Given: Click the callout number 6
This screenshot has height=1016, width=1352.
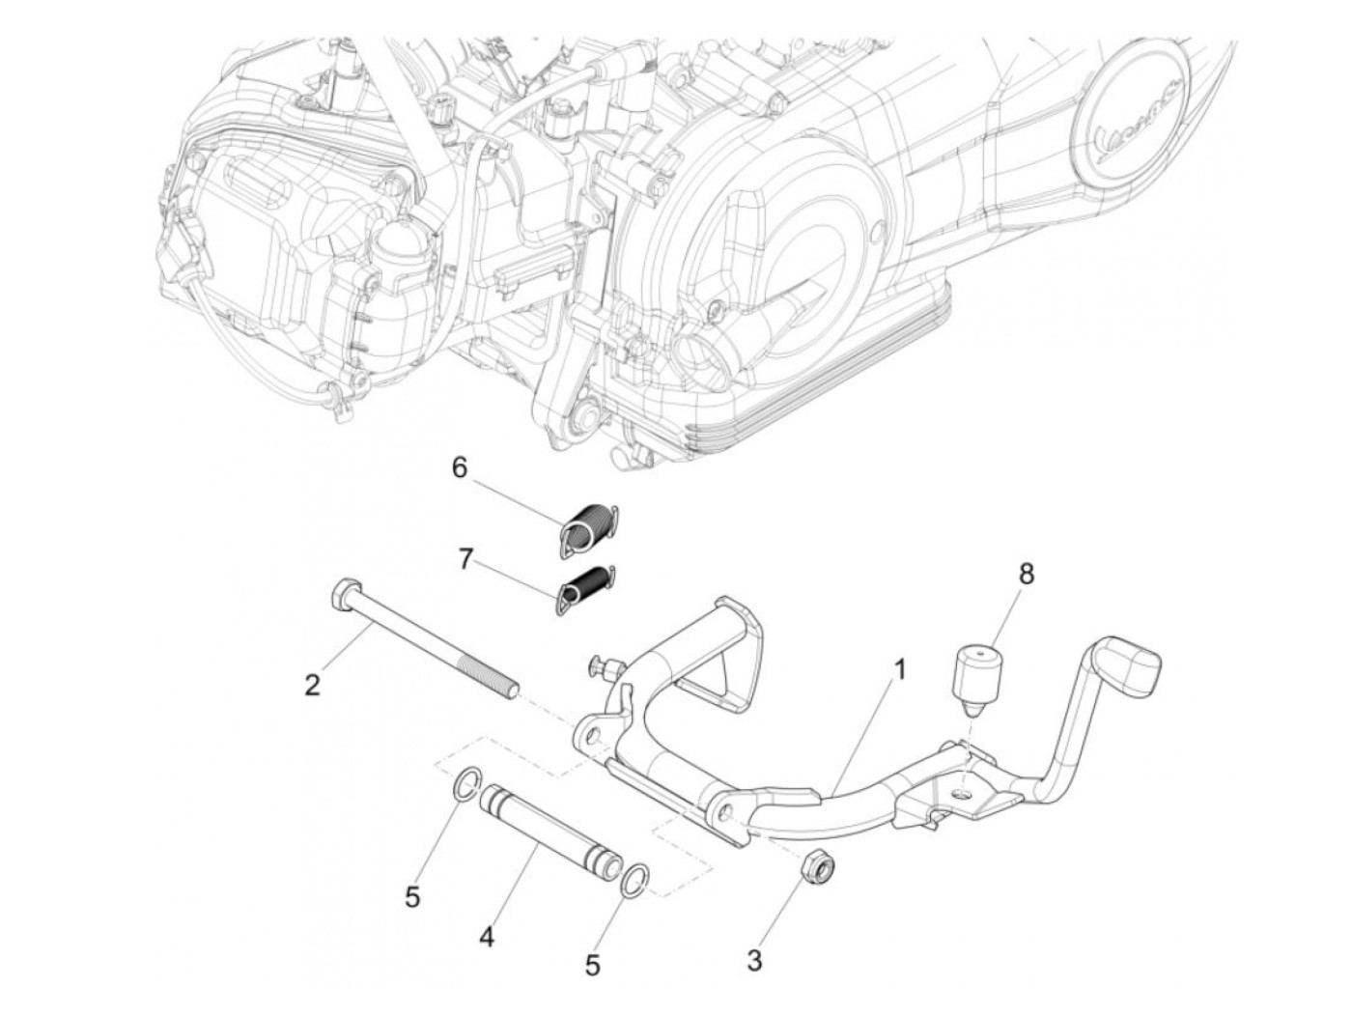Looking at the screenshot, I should pos(460,468).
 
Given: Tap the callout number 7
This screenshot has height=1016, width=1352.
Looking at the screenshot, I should pos(465,559).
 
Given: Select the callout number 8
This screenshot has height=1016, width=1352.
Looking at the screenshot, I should pos(1026,574).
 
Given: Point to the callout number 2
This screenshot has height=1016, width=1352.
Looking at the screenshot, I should pos(311,686).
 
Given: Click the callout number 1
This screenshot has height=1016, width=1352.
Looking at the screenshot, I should pos(899,668).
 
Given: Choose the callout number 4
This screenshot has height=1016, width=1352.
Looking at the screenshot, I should pos(487,937).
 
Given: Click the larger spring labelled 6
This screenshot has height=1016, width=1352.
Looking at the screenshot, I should pos(589,529).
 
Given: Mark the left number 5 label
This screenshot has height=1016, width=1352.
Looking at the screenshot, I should pos(412,897).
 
